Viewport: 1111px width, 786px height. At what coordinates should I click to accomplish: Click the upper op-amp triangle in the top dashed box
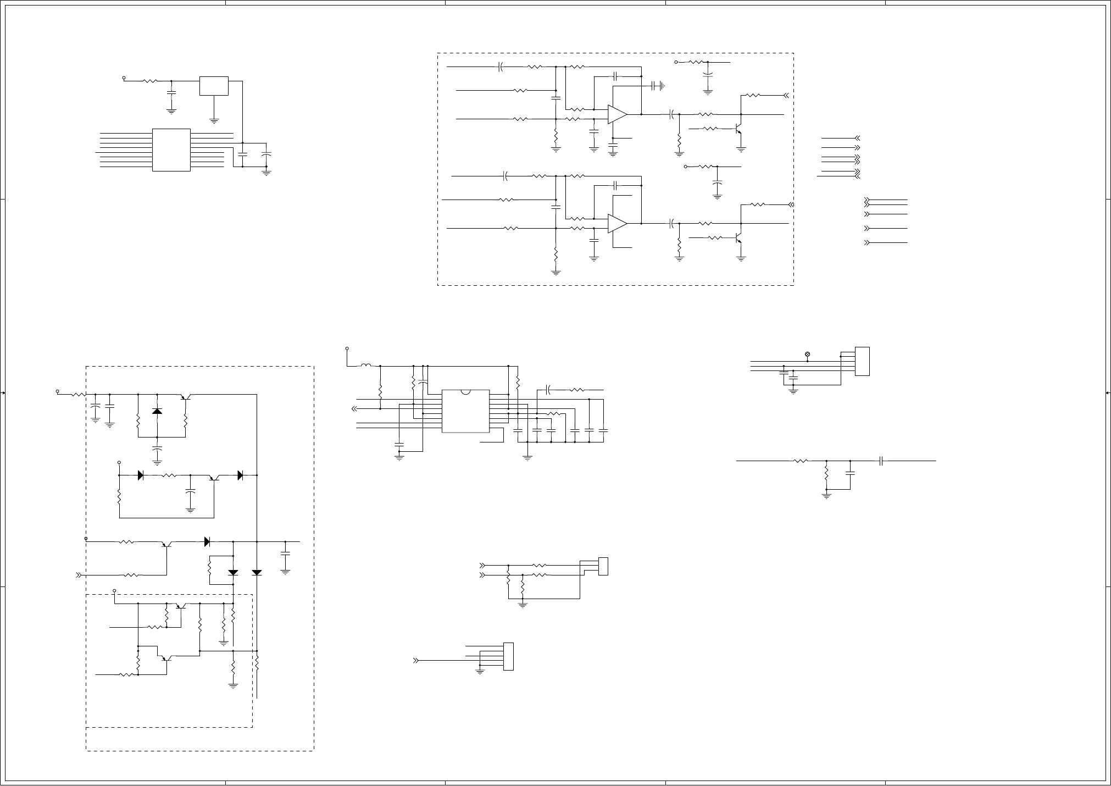[616, 114]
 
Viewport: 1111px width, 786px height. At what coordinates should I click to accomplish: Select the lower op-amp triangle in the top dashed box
[616, 224]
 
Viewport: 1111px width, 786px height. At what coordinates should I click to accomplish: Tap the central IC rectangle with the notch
[465, 411]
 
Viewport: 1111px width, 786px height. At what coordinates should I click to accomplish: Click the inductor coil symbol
[365, 366]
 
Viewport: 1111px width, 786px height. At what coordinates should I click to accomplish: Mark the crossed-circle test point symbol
[807, 354]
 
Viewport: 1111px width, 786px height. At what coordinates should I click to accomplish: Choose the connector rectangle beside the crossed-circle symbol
[862, 361]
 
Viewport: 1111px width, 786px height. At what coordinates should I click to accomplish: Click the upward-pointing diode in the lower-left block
[157, 411]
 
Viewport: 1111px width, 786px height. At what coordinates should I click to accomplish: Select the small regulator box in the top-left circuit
[214, 86]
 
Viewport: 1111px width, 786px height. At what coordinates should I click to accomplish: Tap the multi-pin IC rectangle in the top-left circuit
[171, 150]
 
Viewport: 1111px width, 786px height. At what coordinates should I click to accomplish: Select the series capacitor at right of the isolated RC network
[881, 461]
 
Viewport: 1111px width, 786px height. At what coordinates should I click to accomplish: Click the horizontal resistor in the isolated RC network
[801, 461]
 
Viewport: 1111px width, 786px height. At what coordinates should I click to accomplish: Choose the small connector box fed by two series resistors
[603, 566]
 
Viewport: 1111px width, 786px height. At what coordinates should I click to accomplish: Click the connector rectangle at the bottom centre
[508, 656]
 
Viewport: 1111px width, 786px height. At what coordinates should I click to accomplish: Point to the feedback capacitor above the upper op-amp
[616, 76]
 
